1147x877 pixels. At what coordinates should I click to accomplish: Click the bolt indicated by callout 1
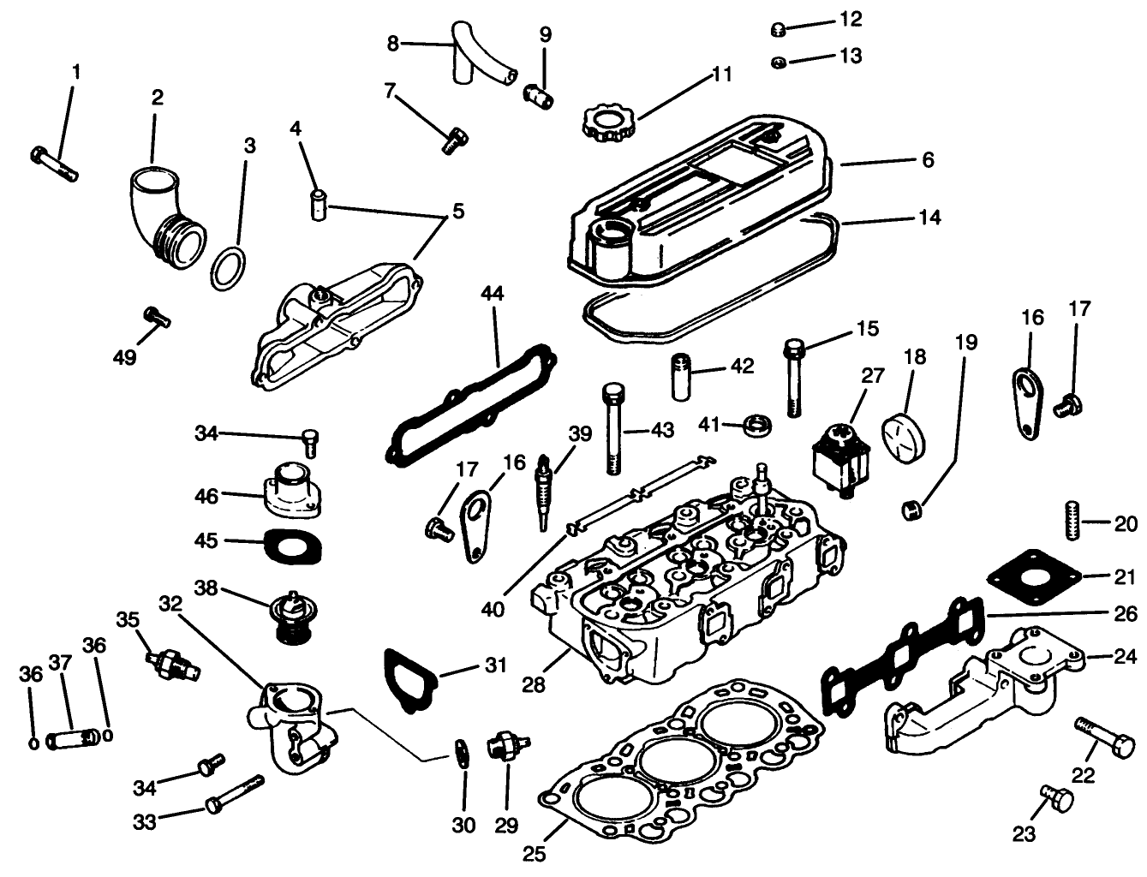coord(53,163)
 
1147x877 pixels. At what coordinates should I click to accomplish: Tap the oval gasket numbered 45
coord(293,546)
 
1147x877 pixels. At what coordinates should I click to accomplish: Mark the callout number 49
coord(125,356)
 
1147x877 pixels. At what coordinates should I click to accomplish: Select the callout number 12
coord(851,19)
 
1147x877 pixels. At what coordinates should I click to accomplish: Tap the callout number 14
coord(929,218)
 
